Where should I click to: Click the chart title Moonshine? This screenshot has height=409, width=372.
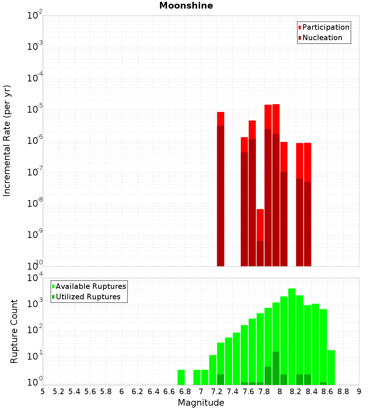tap(186, 6)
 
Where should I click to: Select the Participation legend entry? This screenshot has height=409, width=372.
tap(325, 28)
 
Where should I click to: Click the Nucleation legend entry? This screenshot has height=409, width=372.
tap(322, 38)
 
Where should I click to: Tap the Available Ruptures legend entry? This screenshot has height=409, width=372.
tap(90, 287)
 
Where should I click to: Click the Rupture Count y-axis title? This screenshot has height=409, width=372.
tap(14, 331)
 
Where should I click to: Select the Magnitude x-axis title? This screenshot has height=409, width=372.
tap(201, 403)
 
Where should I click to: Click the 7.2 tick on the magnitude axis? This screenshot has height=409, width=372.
tap(217, 392)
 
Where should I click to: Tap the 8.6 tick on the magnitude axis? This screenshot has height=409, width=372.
tap(327, 392)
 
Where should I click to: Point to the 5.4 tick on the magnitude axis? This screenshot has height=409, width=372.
tap(74, 392)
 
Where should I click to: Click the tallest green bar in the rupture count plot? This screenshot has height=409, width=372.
tap(292, 335)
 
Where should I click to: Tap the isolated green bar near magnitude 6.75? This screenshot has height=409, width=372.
tap(181, 377)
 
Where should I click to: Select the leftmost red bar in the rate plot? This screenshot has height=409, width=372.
tap(221, 190)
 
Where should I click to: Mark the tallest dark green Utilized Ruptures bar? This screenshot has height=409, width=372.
tap(276, 368)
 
